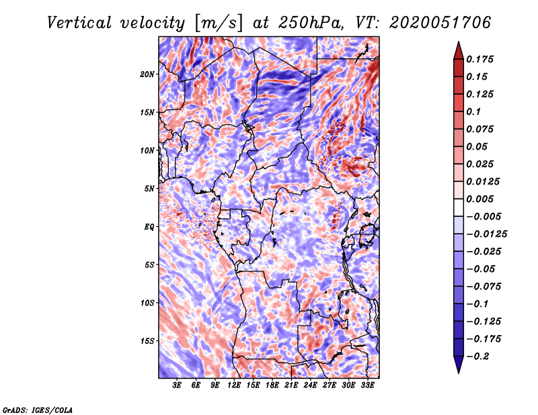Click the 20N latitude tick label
coord(148,74)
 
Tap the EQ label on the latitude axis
coord(150,227)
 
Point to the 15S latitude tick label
coord(148,341)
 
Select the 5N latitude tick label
coord(150,189)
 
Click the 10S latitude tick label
coord(148,303)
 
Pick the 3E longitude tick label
coord(178,385)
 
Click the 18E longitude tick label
coord(272,385)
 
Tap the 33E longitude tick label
coord(367,385)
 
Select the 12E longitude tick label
coord(234,385)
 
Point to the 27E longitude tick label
coord(330,385)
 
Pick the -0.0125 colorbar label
coord(488,234)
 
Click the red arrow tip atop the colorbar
coord(457,48)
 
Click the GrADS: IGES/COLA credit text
coord(37,409)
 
